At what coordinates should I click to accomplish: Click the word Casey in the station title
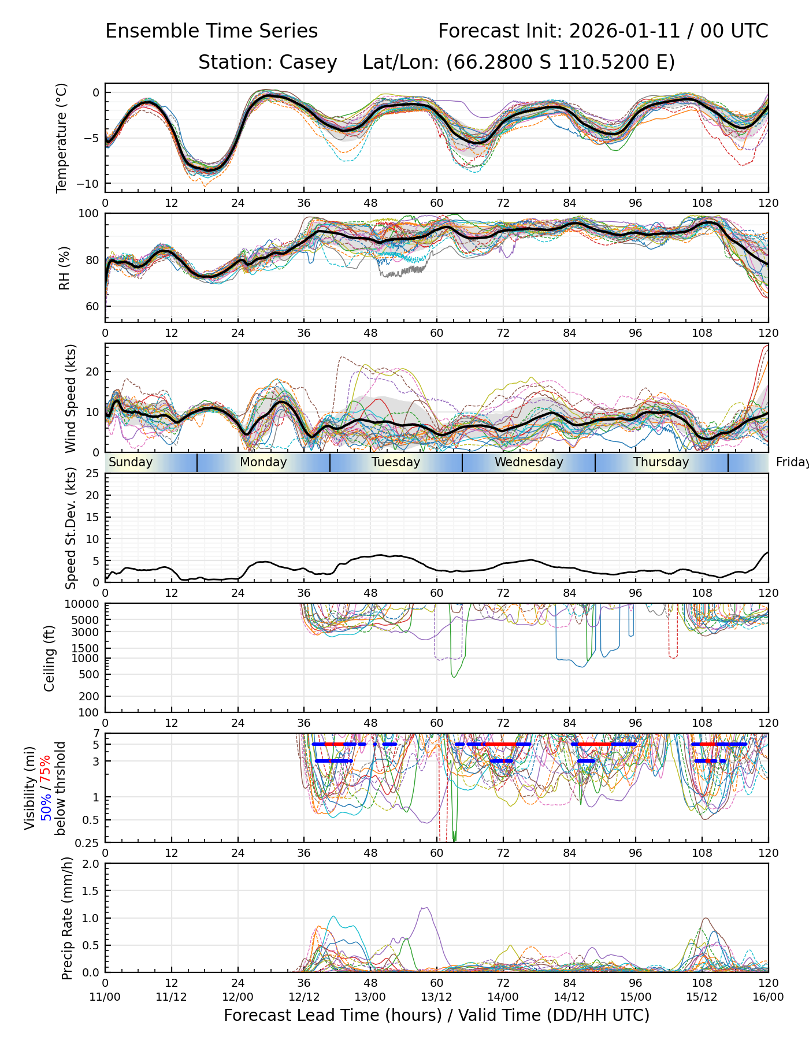(x=308, y=62)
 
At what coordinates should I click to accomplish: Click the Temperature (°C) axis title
(x=62, y=138)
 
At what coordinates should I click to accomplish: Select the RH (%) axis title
(x=64, y=268)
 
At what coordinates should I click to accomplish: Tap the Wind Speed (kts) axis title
(x=70, y=398)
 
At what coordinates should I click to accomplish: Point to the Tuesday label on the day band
(x=396, y=462)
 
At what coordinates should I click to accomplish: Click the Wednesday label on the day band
(x=529, y=462)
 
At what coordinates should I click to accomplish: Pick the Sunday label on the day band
(x=131, y=462)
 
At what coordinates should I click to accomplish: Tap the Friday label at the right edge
(x=792, y=462)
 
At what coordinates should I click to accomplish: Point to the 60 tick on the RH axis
(x=92, y=306)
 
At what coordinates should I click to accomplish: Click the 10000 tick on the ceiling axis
(x=83, y=604)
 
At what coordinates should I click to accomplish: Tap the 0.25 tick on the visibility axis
(x=88, y=842)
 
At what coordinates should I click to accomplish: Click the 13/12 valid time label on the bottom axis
(x=436, y=997)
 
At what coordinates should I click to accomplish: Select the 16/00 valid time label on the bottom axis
(x=768, y=997)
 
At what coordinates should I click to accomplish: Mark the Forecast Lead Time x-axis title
(x=436, y=1015)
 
